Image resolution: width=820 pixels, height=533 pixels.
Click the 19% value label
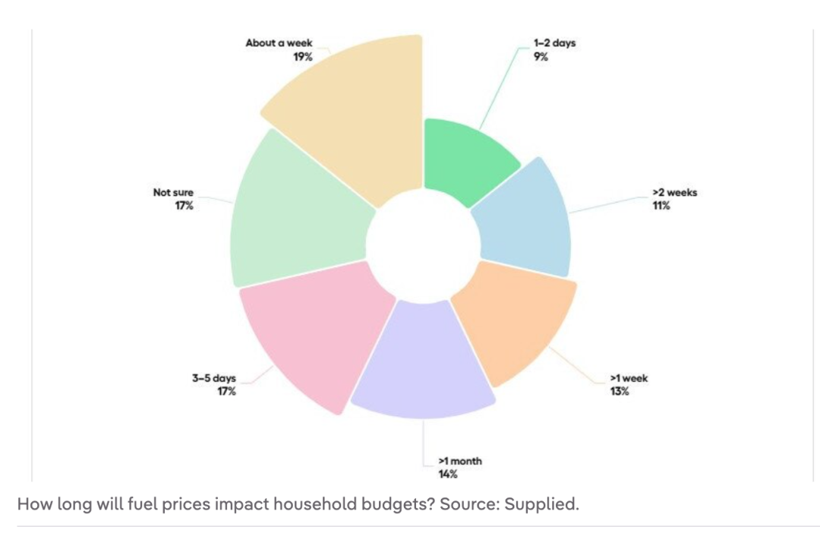302,56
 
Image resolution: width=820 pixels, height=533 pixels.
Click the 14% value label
447,475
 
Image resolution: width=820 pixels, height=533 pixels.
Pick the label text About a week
279,43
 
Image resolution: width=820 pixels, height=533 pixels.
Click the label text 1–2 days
554,43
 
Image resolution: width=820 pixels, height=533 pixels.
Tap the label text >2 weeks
673,193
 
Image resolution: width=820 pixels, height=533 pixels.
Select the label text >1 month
460,462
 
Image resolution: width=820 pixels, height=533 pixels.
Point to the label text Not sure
173,193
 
